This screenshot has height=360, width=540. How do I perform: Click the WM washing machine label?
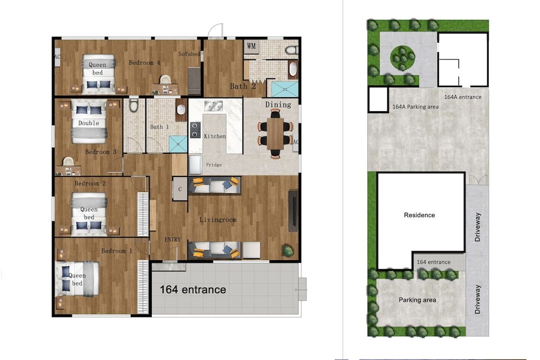(252, 46)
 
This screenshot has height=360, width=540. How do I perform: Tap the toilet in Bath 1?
(133, 105)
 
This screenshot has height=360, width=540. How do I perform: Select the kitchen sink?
(213, 106)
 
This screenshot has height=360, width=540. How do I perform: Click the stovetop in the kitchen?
(195, 130)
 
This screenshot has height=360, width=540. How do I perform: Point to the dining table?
(275, 133)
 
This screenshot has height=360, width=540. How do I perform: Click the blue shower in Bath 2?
(285, 89)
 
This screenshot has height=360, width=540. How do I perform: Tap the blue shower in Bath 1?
(178, 144)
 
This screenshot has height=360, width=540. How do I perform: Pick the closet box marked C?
(180, 189)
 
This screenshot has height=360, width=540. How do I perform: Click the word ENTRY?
(173, 240)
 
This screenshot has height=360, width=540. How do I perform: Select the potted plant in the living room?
(288, 250)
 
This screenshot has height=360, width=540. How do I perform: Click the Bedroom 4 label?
(145, 63)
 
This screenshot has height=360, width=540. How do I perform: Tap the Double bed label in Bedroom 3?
(89, 123)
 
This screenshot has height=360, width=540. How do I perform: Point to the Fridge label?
(214, 165)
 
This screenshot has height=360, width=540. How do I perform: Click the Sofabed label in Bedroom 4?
(189, 54)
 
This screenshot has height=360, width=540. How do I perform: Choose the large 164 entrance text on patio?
(193, 290)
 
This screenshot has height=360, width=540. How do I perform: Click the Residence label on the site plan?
(420, 215)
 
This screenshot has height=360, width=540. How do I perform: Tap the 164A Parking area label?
(416, 107)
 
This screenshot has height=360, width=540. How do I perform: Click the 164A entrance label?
(463, 97)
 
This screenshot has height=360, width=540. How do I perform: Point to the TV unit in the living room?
(293, 211)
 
